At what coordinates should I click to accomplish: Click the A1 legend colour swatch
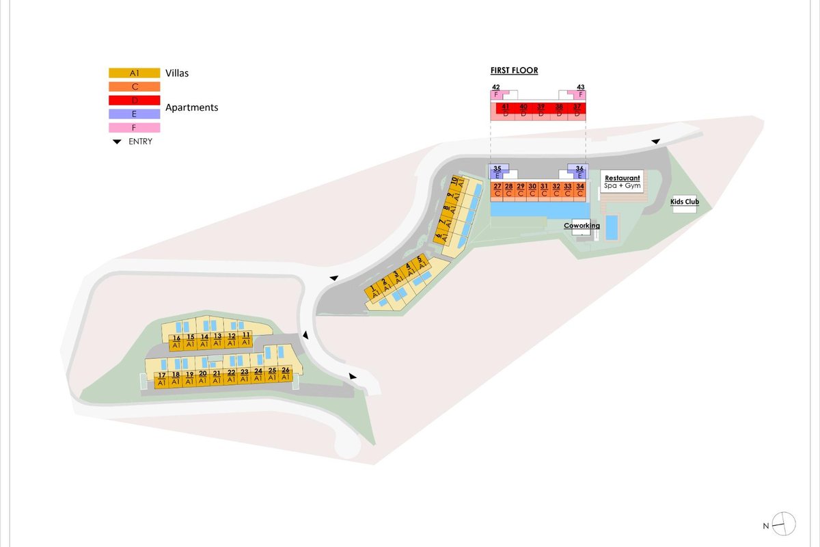click(134, 72)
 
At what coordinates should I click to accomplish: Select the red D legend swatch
click(134, 100)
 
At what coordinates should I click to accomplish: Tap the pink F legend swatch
click(134, 127)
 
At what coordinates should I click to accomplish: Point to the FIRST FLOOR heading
click(514, 70)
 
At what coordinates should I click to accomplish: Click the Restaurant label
click(622, 178)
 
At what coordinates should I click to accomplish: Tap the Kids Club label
click(684, 202)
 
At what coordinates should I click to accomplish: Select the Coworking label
click(582, 226)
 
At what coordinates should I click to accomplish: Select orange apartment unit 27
click(497, 189)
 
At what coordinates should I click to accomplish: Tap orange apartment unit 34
click(579, 189)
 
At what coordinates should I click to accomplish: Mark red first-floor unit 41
click(506, 110)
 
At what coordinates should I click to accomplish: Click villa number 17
click(161, 379)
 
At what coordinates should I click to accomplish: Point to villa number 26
click(286, 373)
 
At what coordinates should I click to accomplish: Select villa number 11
click(246, 338)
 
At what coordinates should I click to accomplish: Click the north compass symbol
click(784, 524)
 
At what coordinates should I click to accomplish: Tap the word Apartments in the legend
click(192, 107)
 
